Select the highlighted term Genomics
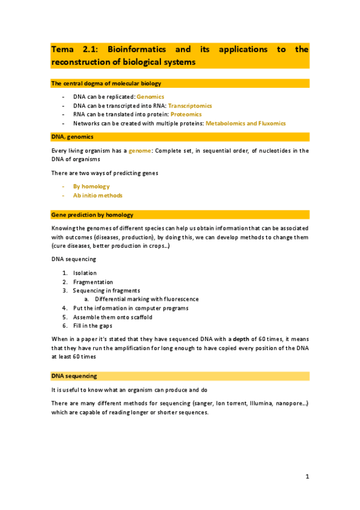tap(150, 96)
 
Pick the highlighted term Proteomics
tap(186, 114)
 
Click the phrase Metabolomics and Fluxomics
tap(245, 123)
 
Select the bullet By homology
tap(91, 186)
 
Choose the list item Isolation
tap(85, 273)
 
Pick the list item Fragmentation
tap(93, 281)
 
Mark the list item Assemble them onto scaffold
tap(112, 316)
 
